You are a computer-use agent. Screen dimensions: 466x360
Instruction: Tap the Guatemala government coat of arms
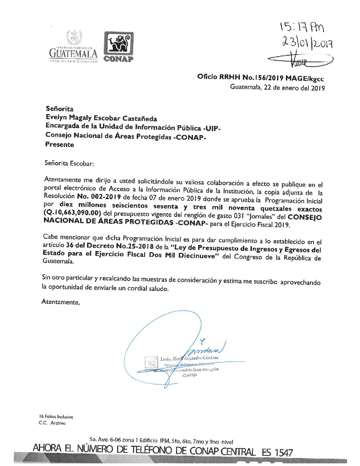pos(74,38)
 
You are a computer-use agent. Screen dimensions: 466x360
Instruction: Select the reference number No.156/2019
pos(263,78)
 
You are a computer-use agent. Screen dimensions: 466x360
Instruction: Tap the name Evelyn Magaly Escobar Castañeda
pos(101,118)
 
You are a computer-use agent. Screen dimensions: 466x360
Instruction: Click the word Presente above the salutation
pos(60,145)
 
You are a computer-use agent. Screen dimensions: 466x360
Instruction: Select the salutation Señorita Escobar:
pos(69,163)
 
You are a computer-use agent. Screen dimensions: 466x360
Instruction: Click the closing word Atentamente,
pos(61,302)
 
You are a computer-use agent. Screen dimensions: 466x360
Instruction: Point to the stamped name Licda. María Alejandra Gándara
pos(189,358)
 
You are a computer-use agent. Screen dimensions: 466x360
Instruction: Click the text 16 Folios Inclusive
pos(56,417)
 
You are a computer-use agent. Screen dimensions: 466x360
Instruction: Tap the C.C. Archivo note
pos(52,423)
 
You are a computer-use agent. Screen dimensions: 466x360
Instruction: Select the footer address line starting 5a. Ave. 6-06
pos(161,441)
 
